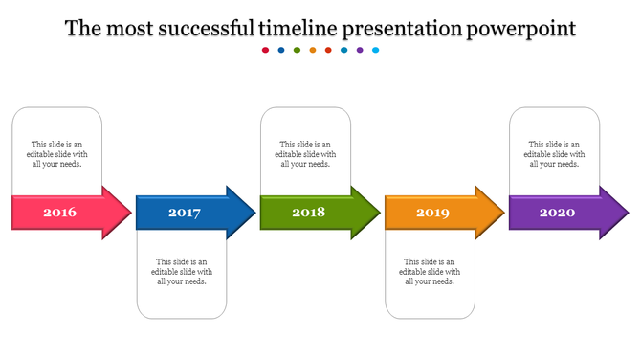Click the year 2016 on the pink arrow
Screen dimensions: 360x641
[x=59, y=213]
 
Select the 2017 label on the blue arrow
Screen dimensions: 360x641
[x=184, y=213]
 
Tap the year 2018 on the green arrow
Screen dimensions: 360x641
[x=308, y=213]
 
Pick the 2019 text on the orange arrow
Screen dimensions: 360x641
[x=432, y=213]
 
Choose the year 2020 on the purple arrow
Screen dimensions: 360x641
[x=557, y=213]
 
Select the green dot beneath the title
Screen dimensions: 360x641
[x=298, y=50]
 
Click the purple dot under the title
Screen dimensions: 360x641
[x=360, y=50]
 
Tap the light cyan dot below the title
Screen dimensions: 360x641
[x=376, y=50]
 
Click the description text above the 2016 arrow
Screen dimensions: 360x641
[x=57, y=154]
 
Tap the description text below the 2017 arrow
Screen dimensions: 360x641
[x=182, y=271]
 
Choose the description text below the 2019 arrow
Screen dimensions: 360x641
[x=431, y=271]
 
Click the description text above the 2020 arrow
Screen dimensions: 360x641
[x=555, y=154]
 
